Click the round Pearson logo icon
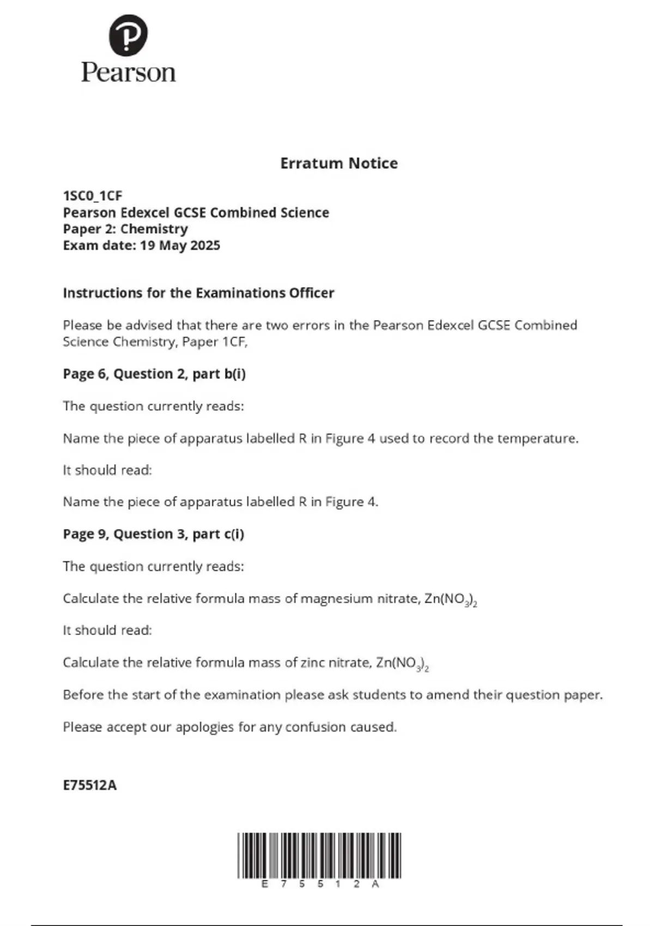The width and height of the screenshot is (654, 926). click(x=128, y=35)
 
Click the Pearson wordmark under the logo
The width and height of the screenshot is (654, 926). click(x=129, y=72)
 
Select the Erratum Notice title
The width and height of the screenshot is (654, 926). click(x=338, y=163)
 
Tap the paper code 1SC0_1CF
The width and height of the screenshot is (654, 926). click(x=93, y=196)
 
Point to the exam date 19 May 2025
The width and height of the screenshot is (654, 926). click(x=180, y=246)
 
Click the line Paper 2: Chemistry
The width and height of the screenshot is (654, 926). click(x=125, y=229)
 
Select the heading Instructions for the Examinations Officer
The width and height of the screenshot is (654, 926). click(x=198, y=293)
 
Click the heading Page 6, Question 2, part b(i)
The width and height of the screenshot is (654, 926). click(x=154, y=374)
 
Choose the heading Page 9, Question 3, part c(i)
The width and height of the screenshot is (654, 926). click(x=153, y=534)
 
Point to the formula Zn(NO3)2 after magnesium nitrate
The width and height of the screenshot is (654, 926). click(x=450, y=600)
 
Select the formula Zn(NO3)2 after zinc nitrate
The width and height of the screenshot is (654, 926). click(x=402, y=663)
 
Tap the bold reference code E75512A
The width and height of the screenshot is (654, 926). click(x=90, y=785)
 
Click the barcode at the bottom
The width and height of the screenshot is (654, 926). click(x=319, y=855)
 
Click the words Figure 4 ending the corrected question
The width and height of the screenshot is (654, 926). click(x=352, y=502)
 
